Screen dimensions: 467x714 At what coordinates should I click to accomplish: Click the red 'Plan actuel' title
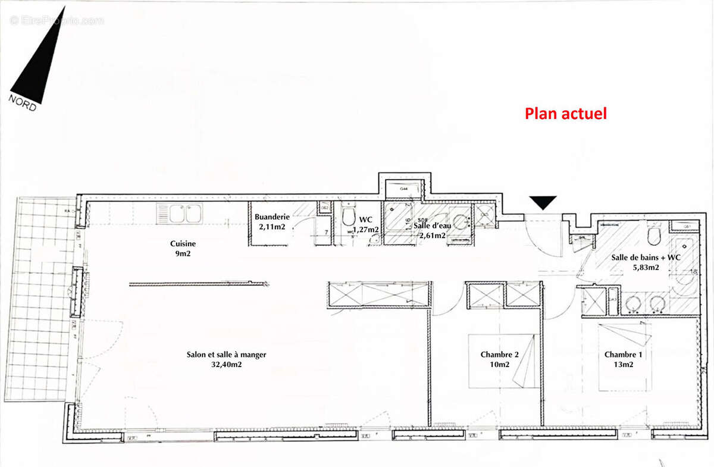pyautogui.click(x=565, y=114)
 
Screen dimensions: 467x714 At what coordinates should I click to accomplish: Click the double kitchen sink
pyautogui.click(x=180, y=214)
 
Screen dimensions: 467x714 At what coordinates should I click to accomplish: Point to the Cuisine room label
pyautogui.click(x=183, y=243)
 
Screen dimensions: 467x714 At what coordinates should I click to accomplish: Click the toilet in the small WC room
pyautogui.click(x=349, y=217)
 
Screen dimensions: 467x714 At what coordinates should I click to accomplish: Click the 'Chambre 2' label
pyautogui.click(x=499, y=355)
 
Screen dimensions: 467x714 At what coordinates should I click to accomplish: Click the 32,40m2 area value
pyautogui.click(x=226, y=365)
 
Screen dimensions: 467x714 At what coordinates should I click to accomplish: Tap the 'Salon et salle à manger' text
pyautogui.click(x=226, y=355)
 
